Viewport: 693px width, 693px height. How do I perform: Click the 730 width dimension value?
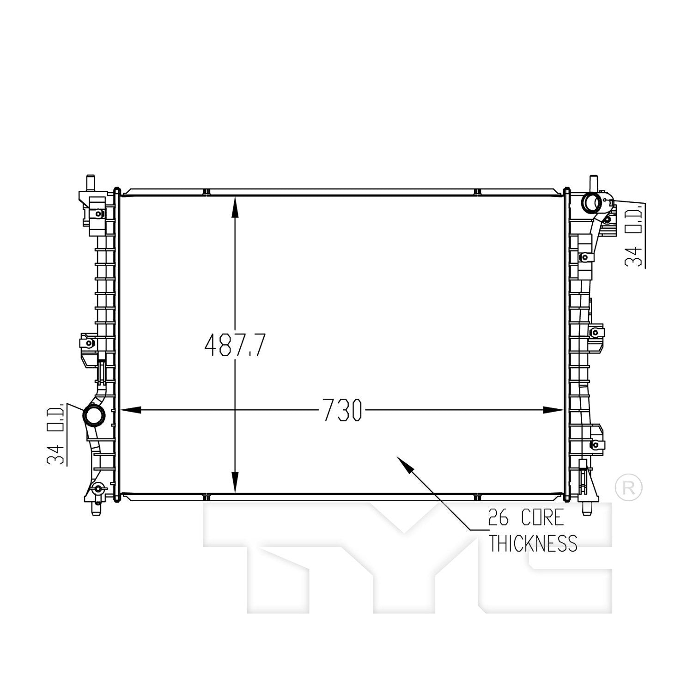point(342,410)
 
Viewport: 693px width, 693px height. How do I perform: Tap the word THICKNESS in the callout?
point(533,543)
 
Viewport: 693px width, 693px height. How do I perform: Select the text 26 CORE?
point(526,518)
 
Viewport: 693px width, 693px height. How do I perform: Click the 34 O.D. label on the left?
point(55,434)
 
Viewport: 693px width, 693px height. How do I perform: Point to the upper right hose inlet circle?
point(591,202)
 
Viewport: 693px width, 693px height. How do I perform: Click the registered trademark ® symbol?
point(629,486)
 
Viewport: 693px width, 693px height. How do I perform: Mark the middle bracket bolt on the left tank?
point(90,343)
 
